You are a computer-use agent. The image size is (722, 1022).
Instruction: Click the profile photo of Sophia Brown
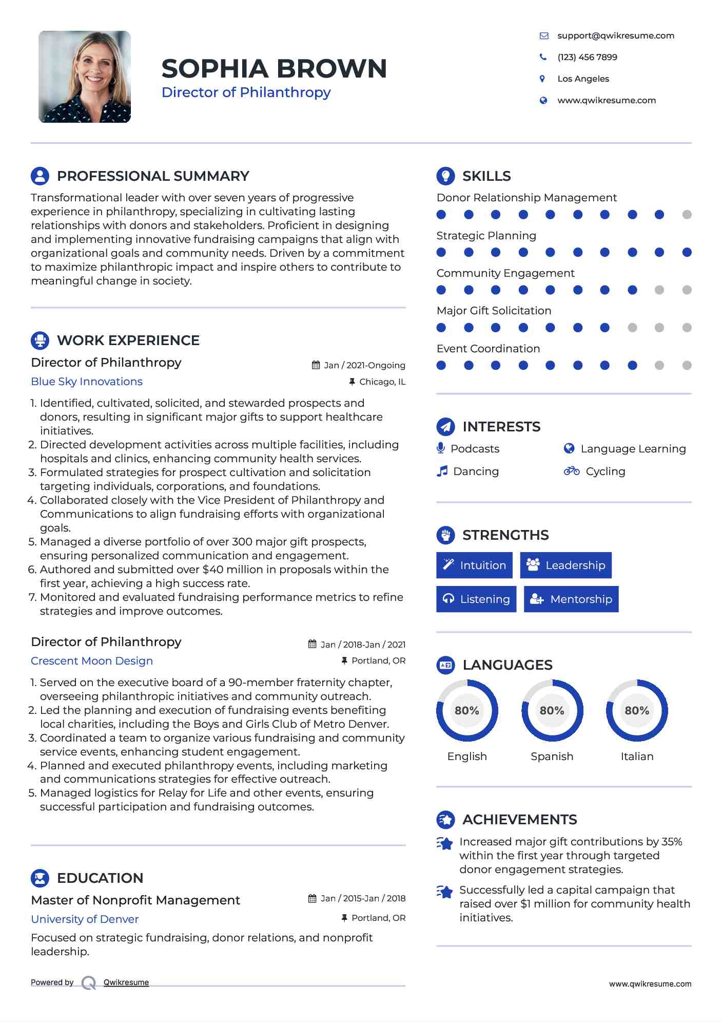[x=85, y=77]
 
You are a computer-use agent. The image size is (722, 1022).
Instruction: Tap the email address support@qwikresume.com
[x=615, y=35]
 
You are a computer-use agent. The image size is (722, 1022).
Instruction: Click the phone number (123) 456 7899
[x=587, y=57]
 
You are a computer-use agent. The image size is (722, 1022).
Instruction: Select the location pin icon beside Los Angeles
[x=542, y=79]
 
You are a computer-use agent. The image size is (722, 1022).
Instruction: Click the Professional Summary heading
[x=152, y=176]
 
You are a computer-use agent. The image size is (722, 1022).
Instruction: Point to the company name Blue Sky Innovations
[x=87, y=382]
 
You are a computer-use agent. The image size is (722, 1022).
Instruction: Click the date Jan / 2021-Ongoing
[x=364, y=365]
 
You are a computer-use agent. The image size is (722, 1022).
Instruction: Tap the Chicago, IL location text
[x=382, y=382]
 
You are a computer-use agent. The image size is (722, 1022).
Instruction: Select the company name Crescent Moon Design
[x=92, y=661]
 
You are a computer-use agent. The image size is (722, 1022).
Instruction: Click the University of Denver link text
[x=85, y=919]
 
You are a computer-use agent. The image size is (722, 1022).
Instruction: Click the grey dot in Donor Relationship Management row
[x=687, y=215]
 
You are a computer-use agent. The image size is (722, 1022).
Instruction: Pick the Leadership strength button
[x=565, y=565]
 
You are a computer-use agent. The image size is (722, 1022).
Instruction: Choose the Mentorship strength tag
[x=571, y=599]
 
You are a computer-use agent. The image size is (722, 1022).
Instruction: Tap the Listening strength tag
[x=476, y=599]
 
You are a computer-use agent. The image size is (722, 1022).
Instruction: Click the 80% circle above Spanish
[x=552, y=711]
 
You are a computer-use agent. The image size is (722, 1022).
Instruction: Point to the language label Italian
[x=637, y=756]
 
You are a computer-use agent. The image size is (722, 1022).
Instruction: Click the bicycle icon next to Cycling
[x=571, y=471]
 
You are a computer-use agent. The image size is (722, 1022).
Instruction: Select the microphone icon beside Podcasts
[x=440, y=448]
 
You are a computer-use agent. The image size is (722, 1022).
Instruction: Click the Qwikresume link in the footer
[x=126, y=982]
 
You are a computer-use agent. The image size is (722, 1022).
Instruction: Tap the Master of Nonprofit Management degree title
[x=135, y=900]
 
